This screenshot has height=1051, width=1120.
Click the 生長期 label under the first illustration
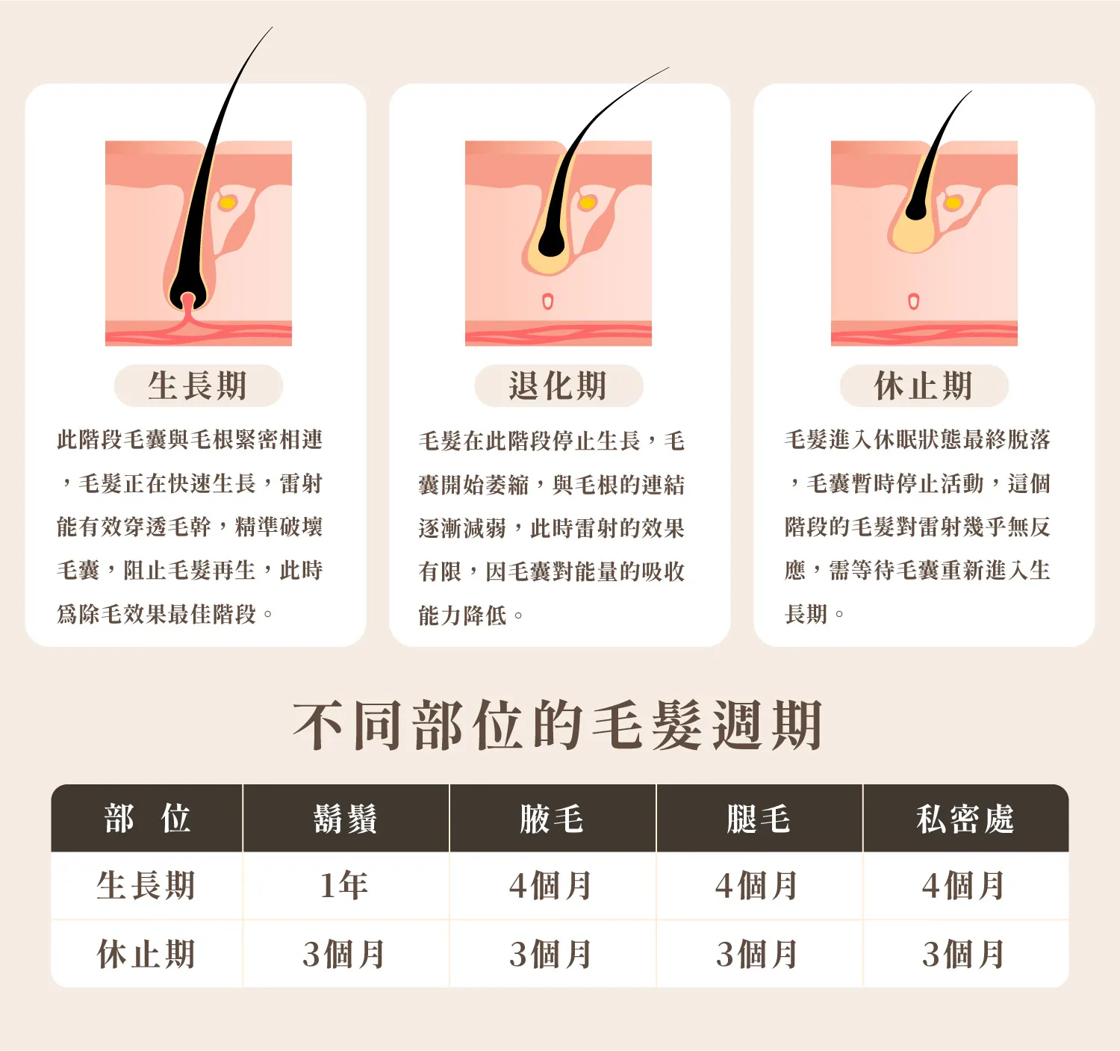pos(198,386)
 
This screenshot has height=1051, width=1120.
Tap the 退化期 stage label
pos(559,386)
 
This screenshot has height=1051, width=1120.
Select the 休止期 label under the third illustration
pos(924,386)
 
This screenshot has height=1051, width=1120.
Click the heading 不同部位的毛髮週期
pos(559,726)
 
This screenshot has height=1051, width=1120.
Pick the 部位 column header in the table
pos(147,819)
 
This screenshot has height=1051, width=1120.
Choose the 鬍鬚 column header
pos(346,819)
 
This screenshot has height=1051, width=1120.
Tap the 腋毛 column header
pos(552,819)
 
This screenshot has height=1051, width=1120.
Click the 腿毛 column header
pos(759,819)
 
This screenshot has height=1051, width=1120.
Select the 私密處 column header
pos(965,819)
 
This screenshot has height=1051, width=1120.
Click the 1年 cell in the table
pos(344,885)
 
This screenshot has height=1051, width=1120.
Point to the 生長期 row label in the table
pos(146,885)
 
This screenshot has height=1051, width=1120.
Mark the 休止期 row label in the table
pos(146,955)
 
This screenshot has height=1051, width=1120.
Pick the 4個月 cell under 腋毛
pos(550,886)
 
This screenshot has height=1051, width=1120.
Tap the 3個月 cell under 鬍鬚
pos(344,955)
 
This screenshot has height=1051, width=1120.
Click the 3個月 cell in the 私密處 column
pos(964,955)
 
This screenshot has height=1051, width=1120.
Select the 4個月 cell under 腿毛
pos(757,886)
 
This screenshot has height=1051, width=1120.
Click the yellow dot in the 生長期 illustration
pos(227,202)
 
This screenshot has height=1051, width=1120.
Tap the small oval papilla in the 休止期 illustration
pos(914,302)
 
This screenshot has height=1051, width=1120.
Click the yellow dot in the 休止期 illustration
pos(953,202)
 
